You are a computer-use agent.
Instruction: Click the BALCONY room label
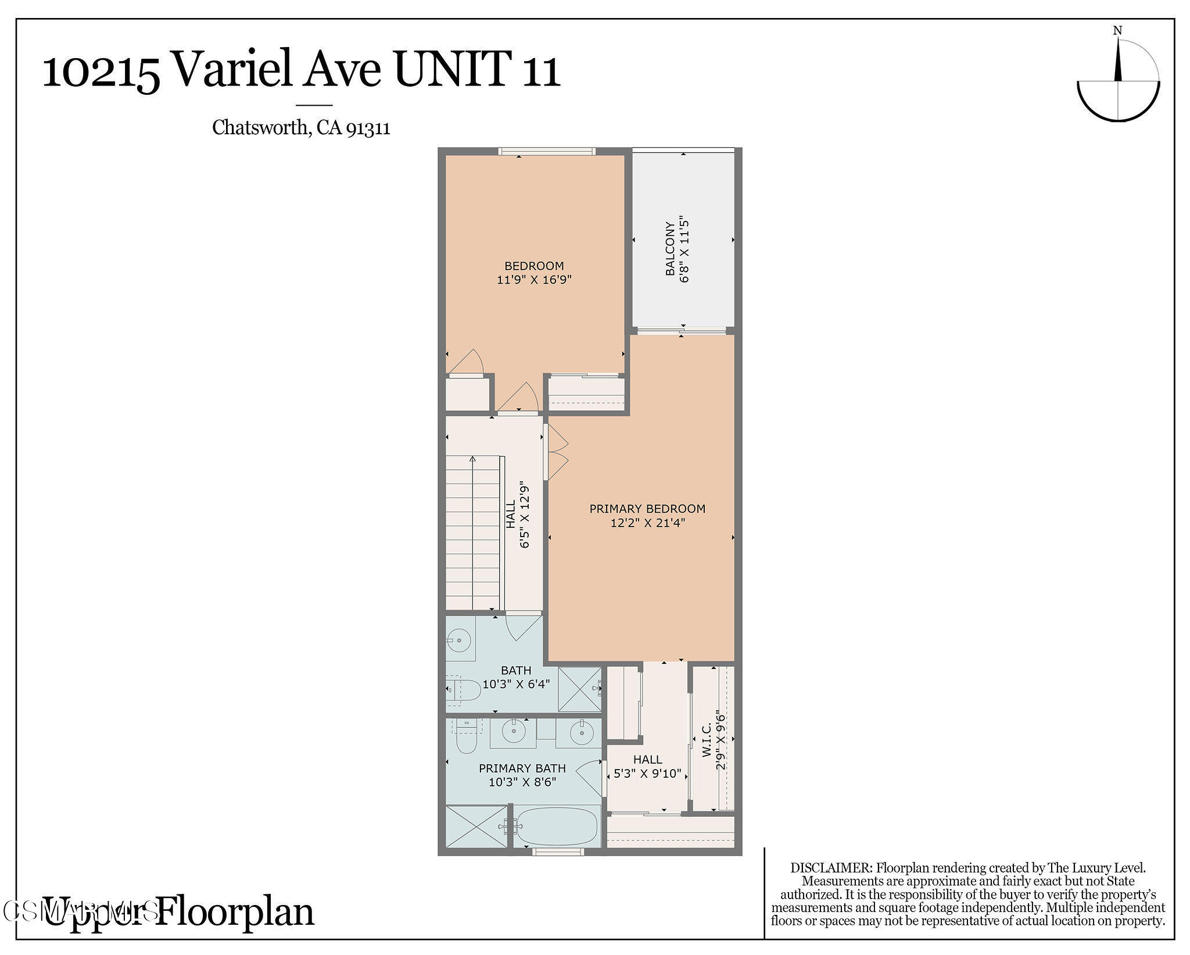pyautogui.click(x=670, y=248)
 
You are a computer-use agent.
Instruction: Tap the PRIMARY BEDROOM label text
pyautogui.click(x=647, y=509)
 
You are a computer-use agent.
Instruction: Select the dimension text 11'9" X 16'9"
pyautogui.click(x=534, y=280)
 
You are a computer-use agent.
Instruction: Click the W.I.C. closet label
pyautogui.click(x=707, y=740)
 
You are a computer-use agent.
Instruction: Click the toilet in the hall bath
pyautogui.click(x=465, y=691)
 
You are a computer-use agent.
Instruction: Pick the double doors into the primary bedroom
pyautogui.click(x=557, y=452)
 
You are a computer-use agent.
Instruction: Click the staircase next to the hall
pyautogui.click(x=472, y=532)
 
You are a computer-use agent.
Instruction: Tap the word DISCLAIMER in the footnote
pyautogui.click(x=831, y=868)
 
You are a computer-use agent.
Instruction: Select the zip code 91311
pyautogui.click(x=368, y=127)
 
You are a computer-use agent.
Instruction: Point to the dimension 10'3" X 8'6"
pyautogui.click(x=522, y=782)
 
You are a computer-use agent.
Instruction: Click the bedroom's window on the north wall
pyautogui.click(x=546, y=152)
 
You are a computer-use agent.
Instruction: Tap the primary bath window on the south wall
pyautogui.click(x=558, y=852)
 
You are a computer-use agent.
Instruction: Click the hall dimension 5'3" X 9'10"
pyautogui.click(x=647, y=774)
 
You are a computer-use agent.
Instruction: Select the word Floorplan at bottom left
pyautogui.click(x=235, y=911)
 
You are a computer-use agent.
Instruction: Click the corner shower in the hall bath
pyautogui.click(x=579, y=689)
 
